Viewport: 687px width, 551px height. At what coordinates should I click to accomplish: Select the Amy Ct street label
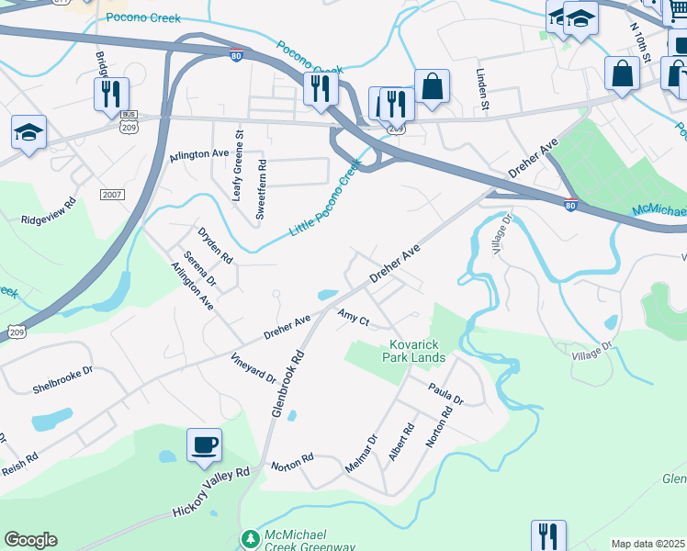(353, 318)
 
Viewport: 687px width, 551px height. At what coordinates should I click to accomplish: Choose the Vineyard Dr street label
(253, 365)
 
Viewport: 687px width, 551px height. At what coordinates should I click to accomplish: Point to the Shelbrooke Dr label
(62, 372)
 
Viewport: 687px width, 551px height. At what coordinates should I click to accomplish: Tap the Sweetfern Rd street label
(261, 187)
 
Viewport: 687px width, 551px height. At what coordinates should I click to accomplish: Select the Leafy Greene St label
(238, 164)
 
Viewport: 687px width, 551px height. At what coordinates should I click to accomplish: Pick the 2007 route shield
(112, 195)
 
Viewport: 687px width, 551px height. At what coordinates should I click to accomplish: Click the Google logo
(30, 540)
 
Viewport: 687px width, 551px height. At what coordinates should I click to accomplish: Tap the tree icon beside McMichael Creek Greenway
(248, 537)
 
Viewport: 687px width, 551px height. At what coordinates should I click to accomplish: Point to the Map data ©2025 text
(648, 544)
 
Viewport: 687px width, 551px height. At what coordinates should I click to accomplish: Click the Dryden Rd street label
(215, 245)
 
